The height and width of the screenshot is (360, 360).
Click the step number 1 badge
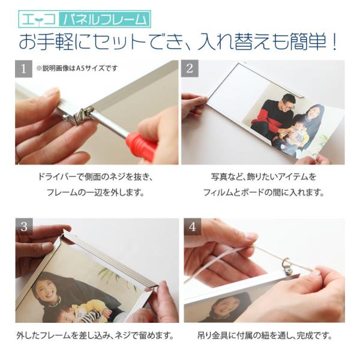tap(23, 68)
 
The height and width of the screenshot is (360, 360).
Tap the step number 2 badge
tap(190, 68)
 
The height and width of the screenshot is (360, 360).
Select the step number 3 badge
tap(24, 227)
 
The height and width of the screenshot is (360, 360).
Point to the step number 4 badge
tap(193, 227)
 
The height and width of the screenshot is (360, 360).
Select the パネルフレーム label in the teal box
tap(105, 19)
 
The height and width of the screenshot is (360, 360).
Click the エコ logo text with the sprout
tap(38, 20)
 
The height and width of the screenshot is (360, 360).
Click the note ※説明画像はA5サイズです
tap(77, 68)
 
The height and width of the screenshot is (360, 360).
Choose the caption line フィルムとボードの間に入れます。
tap(263, 192)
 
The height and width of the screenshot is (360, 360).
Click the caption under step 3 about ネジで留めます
tap(95, 336)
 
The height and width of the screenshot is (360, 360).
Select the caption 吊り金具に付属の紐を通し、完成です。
tap(265, 335)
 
